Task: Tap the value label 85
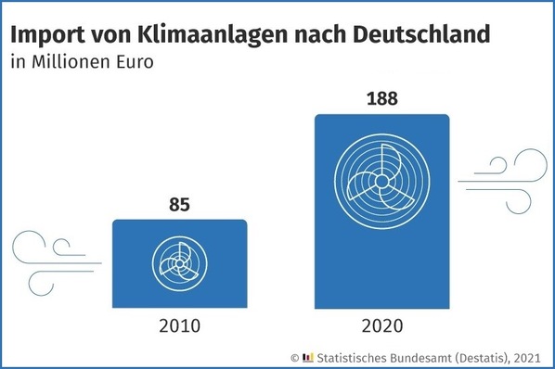179,204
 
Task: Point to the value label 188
383,96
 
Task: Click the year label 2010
179,326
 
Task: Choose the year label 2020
383,326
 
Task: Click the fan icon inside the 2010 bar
178,263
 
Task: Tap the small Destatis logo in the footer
309,356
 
